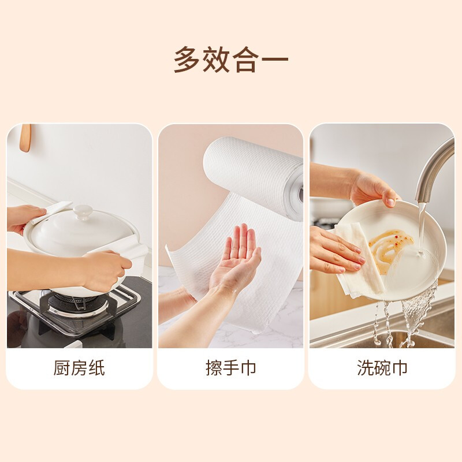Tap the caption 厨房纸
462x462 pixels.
tap(79, 368)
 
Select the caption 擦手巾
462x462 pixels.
tap(231, 368)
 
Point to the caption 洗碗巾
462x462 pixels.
tap(382, 368)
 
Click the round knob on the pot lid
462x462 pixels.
tap(83, 212)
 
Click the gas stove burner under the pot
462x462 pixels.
tap(69, 303)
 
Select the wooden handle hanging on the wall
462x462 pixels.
tap(25, 139)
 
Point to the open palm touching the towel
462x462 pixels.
tap(237, 257)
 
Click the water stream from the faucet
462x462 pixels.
tap(421, 228)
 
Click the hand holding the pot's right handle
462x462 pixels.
tap(110, 269)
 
